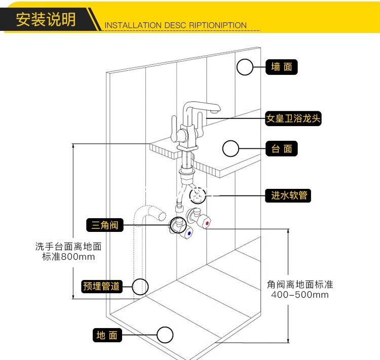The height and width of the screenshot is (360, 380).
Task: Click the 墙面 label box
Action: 282,67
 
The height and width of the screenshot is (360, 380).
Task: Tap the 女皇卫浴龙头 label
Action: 294,119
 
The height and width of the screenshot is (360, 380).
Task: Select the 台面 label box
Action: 282,149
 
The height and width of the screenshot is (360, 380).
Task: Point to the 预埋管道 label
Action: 102,286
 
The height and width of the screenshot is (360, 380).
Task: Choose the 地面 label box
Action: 107,335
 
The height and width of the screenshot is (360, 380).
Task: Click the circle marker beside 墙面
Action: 245,67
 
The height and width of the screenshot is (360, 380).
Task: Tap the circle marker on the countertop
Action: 231,149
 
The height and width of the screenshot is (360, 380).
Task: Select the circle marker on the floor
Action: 165,335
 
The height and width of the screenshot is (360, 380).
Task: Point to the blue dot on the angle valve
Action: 189,234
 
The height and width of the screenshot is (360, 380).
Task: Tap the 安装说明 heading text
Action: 46,19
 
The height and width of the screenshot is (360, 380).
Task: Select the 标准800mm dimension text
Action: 68,257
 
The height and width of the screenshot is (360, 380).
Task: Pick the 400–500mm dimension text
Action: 299,295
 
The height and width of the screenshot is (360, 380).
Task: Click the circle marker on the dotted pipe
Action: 141,287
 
